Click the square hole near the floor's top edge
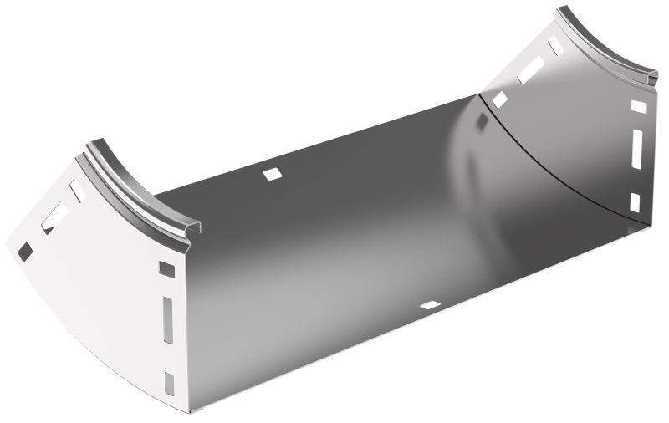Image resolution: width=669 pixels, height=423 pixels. [272, 175]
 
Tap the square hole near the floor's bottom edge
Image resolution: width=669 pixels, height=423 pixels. [432, 306]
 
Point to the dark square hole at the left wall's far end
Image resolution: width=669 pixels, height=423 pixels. [25, 248]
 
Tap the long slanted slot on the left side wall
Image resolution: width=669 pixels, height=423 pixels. [52, 212]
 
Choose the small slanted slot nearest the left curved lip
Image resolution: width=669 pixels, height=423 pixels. [77, 190]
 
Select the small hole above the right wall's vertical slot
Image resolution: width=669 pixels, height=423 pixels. [638, 106]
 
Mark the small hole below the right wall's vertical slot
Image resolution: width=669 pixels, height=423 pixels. [634, 201]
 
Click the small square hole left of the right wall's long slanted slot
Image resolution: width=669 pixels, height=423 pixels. [499, 100]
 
